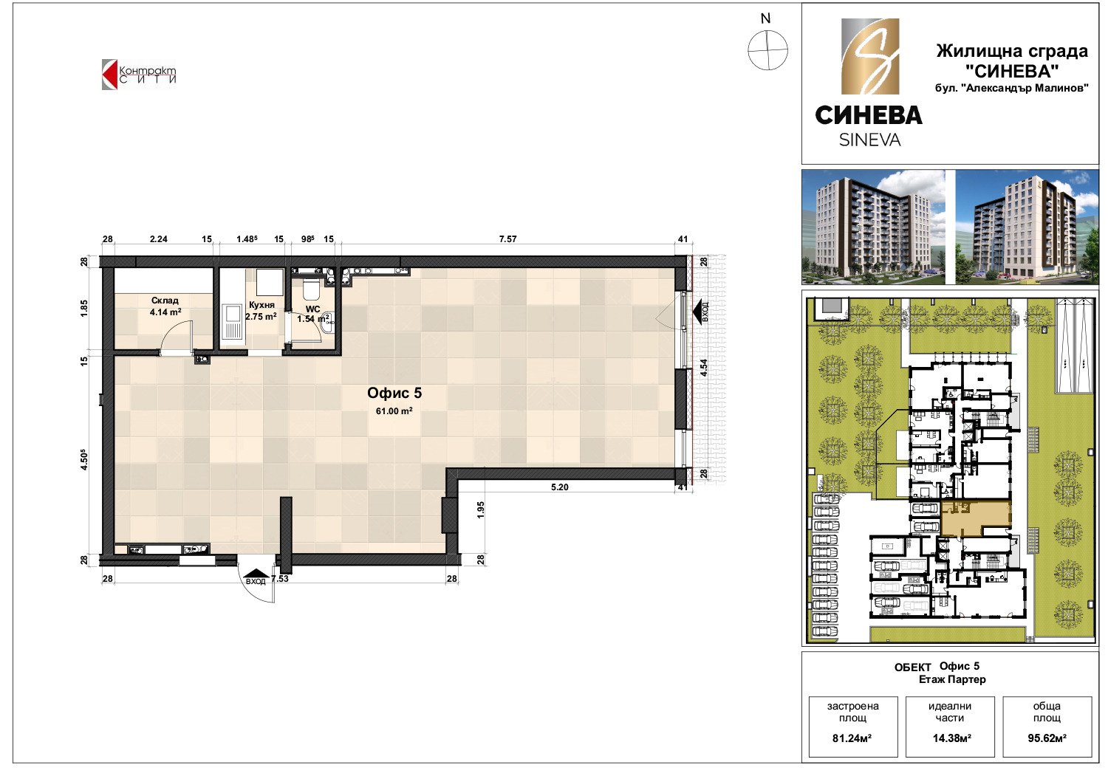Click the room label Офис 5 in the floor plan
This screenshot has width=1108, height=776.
394,394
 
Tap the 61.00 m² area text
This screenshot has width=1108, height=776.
394,411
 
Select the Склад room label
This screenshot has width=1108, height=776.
165,301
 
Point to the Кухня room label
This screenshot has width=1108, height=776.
261,305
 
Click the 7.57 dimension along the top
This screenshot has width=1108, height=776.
508,239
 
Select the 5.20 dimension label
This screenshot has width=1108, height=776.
560,487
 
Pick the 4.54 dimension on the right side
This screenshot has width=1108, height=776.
704,368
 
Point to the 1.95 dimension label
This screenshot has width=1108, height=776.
481,510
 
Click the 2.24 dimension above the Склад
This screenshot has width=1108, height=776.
159,239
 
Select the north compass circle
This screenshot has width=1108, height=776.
767,50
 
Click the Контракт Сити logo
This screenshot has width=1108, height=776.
139,75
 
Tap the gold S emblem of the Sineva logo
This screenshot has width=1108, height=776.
870,56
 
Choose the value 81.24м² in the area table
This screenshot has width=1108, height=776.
852,738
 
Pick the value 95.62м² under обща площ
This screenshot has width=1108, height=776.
1047,738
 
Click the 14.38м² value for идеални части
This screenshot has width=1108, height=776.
952,738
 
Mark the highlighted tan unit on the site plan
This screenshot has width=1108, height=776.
976,518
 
